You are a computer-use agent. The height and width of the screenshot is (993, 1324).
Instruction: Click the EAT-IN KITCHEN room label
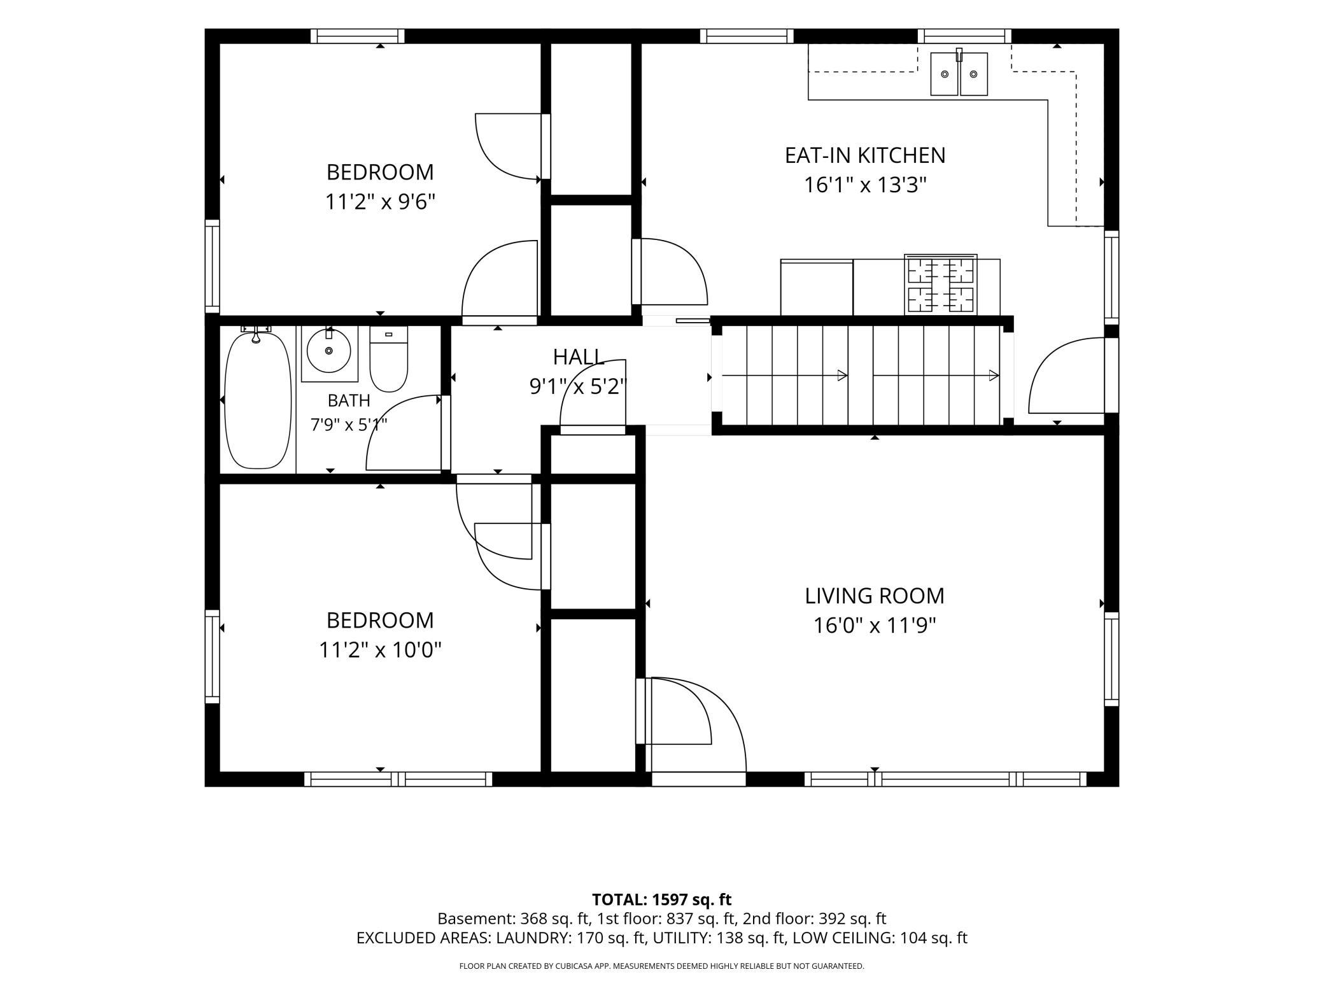pos(865,155)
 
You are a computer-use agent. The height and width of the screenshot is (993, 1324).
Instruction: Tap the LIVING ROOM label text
pos(875,596)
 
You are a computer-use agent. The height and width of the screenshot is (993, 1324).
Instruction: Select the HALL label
pos(579,357)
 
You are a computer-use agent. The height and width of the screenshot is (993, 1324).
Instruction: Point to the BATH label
pos(349,400)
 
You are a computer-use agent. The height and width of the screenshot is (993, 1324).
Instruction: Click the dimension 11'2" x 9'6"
pos(380,202)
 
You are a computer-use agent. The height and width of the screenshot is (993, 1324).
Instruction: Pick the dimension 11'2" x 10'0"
pos(380,650)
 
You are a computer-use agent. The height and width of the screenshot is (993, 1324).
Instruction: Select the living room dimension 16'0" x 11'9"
pos(875,626)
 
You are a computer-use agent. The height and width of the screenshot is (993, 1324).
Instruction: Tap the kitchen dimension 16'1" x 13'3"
pos(865,185)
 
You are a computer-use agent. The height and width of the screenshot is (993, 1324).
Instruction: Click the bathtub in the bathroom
pos(258,398)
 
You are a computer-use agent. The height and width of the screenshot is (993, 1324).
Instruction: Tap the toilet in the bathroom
pos(388,359)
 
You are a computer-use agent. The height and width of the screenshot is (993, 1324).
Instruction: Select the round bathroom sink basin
pos(328,350)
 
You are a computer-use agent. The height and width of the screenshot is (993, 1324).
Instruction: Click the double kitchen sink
pos(959,73)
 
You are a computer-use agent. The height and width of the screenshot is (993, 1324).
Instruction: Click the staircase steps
pos(861,376)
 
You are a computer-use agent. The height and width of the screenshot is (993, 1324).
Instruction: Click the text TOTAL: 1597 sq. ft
pos(661,899)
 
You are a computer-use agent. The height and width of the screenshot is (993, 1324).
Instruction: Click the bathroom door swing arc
pos(403,432)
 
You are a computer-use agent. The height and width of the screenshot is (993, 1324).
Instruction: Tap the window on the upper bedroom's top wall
pos(358,36)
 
